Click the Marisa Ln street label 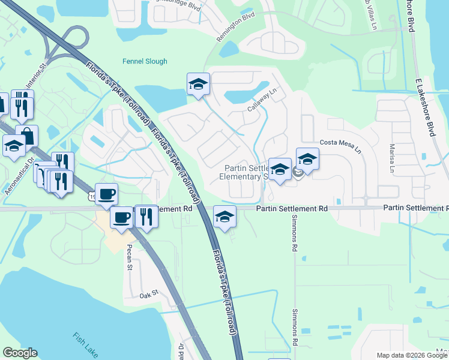(391, 160)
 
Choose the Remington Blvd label (240, 27)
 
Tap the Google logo (20, 353)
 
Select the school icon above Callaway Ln (197, 85)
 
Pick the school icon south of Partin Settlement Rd (224, 216)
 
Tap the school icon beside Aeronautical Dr (13, 145)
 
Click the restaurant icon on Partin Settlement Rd (146, 216)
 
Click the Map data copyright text (412, 355)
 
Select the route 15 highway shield (91, 197)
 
